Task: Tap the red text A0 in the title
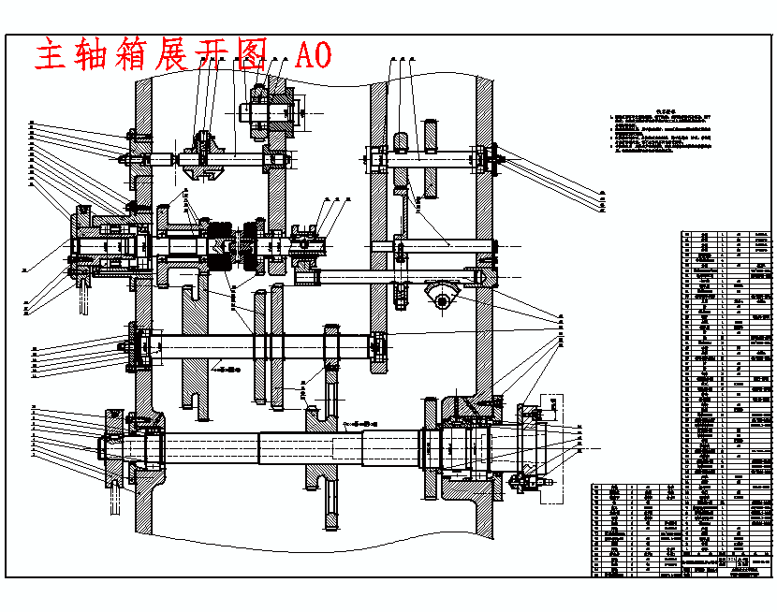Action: pyautogui.click(x=313, y=56)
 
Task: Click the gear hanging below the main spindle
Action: pyautogui.click(x=330, y=505)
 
